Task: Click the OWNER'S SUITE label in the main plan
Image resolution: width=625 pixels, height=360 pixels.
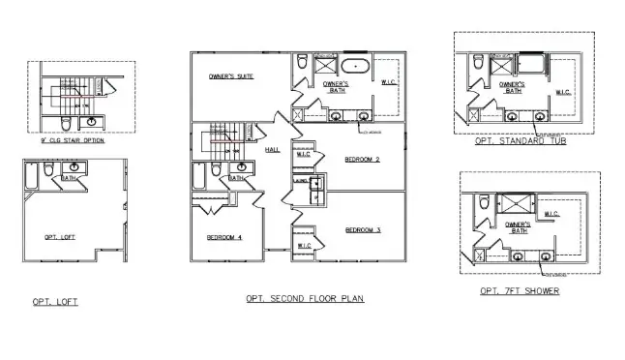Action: pos(231,75)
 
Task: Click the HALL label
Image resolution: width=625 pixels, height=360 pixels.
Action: pos(272,150)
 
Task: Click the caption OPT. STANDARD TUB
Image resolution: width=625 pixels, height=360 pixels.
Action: pos(521,141)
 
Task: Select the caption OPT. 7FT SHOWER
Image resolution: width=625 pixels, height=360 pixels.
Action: pos(519,290)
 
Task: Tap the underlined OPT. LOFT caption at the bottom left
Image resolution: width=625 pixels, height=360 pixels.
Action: pos(54,302)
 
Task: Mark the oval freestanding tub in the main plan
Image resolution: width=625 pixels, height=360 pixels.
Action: pos(354,69)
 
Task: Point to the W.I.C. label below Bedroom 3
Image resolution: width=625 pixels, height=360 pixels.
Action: pos(304,246)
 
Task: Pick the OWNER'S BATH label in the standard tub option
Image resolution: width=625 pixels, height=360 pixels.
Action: pos(512,87)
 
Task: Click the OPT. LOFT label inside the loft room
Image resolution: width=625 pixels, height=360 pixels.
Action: pos(60,236)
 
